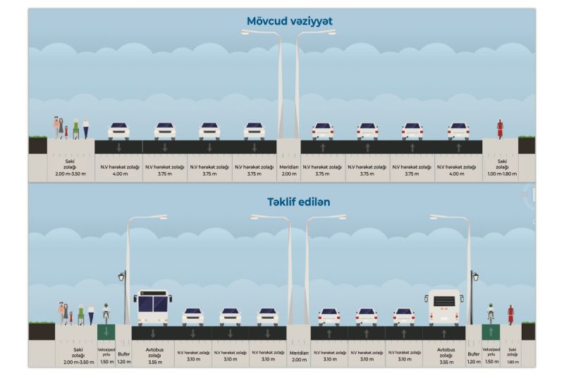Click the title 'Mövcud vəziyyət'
pos(289,21)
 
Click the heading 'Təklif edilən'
pos(288,202)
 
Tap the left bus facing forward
pos(153,308)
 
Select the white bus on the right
pos(444,308)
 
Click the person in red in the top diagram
pos(500,129)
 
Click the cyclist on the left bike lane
pos(106,313)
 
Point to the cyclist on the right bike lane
pos(491,313)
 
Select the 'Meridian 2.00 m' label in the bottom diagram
pos(299,356)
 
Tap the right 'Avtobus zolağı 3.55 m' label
pos(446,355)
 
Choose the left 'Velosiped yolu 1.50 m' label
pos(106,355)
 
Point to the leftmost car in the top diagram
pos(118,131)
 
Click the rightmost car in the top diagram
pos(458,131)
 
